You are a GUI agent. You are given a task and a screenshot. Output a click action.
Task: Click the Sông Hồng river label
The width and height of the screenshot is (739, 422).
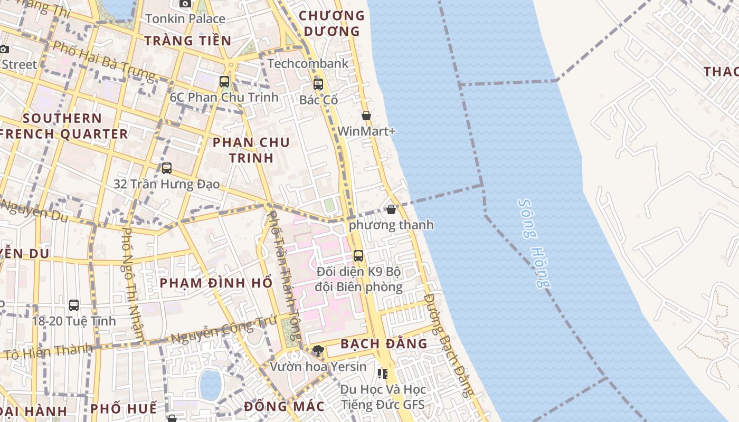[x=534, y=243]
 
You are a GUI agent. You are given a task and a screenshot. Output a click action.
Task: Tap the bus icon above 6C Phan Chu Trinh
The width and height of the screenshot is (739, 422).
[x=224, y=82]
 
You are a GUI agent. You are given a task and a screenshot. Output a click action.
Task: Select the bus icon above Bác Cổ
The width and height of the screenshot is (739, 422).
[x=318, y=84]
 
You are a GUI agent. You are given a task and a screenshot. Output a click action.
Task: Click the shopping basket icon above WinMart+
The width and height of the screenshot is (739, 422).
[x=366, y=116]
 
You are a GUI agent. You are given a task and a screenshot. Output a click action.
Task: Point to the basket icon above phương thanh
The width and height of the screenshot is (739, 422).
[x=391, y=209]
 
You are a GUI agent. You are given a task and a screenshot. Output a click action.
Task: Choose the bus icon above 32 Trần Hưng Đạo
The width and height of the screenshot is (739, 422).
[x=167, y=168]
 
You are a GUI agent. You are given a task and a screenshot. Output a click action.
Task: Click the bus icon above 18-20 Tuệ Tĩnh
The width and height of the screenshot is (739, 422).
[x=74, y=305]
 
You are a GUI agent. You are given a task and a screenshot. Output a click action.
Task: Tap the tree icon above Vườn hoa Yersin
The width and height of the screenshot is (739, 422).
[x=318, y=350]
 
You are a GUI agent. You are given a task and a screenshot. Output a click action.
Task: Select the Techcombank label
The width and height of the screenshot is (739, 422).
[x=308, y=64]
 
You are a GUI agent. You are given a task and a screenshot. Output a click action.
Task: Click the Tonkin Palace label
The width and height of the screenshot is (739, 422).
[x=185, y=19]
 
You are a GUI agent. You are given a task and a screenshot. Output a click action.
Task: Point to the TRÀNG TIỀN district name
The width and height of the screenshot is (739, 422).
[x=187, y=41]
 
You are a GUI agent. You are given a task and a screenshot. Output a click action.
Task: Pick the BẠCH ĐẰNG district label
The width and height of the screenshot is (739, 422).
[x=384, y=344]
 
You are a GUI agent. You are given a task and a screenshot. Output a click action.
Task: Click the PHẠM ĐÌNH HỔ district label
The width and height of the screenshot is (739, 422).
[x=216, y=283]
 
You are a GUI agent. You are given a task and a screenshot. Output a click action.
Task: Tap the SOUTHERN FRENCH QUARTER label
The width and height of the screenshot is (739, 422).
[x=63, y=126]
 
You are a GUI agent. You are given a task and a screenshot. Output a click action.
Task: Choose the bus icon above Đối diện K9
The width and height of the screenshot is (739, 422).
[x=358, y=256]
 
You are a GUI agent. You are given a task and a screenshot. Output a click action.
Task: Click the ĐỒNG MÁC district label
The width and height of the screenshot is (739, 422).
[x=284, y=407]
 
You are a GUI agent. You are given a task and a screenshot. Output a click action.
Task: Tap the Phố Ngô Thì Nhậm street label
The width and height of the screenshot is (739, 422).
[x=133, y=284]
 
